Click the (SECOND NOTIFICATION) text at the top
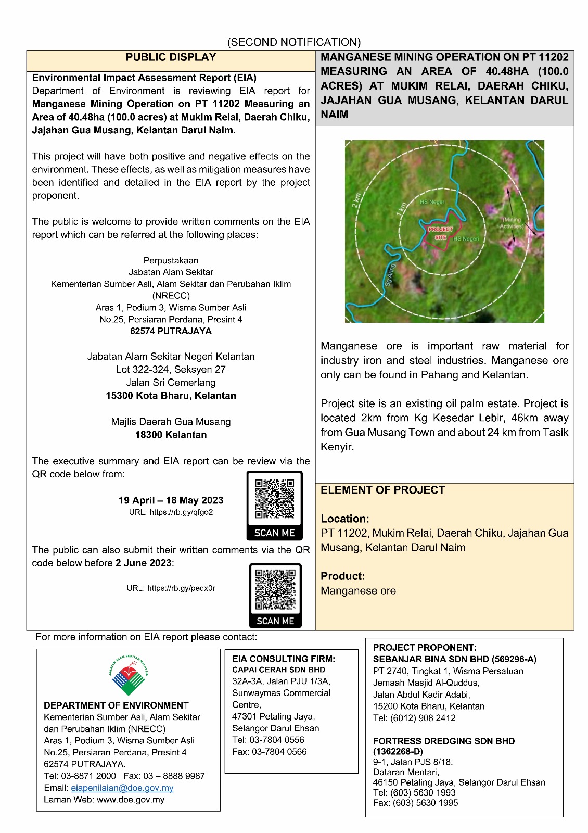pos(294,42)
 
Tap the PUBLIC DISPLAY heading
pos(171,57)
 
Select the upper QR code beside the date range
pos(274,499)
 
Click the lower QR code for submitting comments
pos(275,589)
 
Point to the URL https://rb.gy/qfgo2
pos(171,512)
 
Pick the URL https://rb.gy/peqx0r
pos(171,588)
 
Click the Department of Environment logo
pos(129,675)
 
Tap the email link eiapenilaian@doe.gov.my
pos(122,788)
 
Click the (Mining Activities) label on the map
pos(511,223)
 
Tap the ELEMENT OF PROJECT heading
pos(382,490)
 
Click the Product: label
pos(342,576)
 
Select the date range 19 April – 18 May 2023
pos(171,500)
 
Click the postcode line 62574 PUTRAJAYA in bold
pos(171,331)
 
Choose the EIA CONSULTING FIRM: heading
pos(284,659)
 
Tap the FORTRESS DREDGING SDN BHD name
pos(444,741)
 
